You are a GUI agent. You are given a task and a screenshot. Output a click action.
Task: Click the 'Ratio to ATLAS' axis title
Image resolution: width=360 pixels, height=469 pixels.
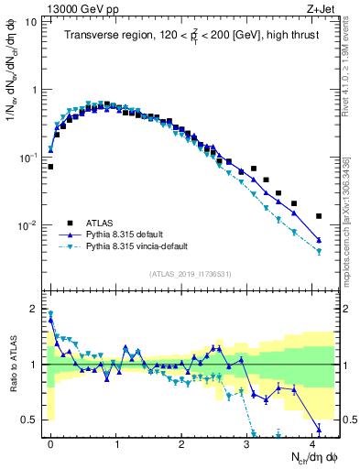(14, 364)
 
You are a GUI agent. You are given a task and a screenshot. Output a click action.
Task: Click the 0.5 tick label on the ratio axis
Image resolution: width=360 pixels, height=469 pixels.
(29, 420)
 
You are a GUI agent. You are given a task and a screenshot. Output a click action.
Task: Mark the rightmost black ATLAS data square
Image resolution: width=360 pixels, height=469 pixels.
(319, 216)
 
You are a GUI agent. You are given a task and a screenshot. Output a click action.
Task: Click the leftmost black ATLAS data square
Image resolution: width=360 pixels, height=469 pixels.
(50, 167)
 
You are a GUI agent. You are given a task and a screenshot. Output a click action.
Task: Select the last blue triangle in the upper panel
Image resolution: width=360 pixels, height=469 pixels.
(319, 240)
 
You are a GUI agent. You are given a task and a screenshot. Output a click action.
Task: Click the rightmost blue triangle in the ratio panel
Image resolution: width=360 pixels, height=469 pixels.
(319, 428)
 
